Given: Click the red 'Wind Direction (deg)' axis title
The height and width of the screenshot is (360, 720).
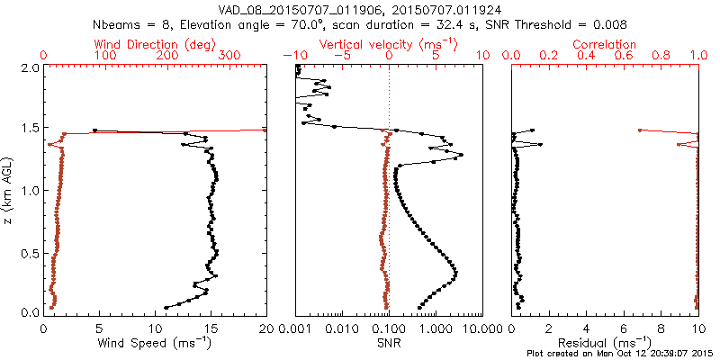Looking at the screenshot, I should tap(155, 44).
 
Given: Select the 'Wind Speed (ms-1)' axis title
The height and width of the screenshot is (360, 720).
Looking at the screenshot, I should tap(155, 342).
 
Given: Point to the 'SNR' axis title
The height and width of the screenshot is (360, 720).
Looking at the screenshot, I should tap(389, 342).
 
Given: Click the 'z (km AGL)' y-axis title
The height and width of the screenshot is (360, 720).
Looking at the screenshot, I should tap(9, 189).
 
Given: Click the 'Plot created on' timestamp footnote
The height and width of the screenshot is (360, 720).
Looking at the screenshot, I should tap(620, 354).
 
